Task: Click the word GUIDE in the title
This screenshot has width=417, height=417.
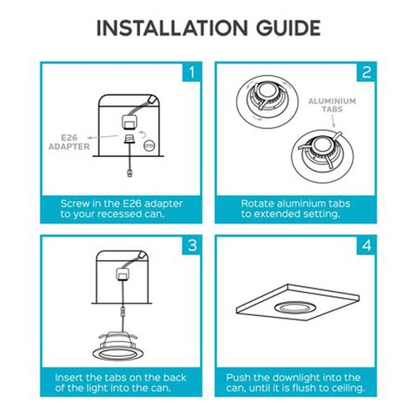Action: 289,28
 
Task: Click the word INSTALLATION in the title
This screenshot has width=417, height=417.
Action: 172,28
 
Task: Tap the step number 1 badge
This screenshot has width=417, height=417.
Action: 192,73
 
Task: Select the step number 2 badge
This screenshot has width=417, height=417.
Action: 366,73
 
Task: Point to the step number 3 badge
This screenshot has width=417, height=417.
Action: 192,245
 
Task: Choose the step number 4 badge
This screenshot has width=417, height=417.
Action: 366,245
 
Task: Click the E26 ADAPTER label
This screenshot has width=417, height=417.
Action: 69,142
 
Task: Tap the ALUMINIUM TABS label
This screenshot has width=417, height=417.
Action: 332,105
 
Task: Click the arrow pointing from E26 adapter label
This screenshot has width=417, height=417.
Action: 103,137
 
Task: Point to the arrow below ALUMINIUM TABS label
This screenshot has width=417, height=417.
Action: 333,121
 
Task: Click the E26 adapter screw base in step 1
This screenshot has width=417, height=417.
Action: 129,138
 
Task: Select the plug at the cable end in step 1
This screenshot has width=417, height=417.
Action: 129,173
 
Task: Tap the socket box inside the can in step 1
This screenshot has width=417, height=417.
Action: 129,123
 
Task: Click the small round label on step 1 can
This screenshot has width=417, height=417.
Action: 149,145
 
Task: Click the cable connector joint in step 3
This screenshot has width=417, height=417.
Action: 122,312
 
